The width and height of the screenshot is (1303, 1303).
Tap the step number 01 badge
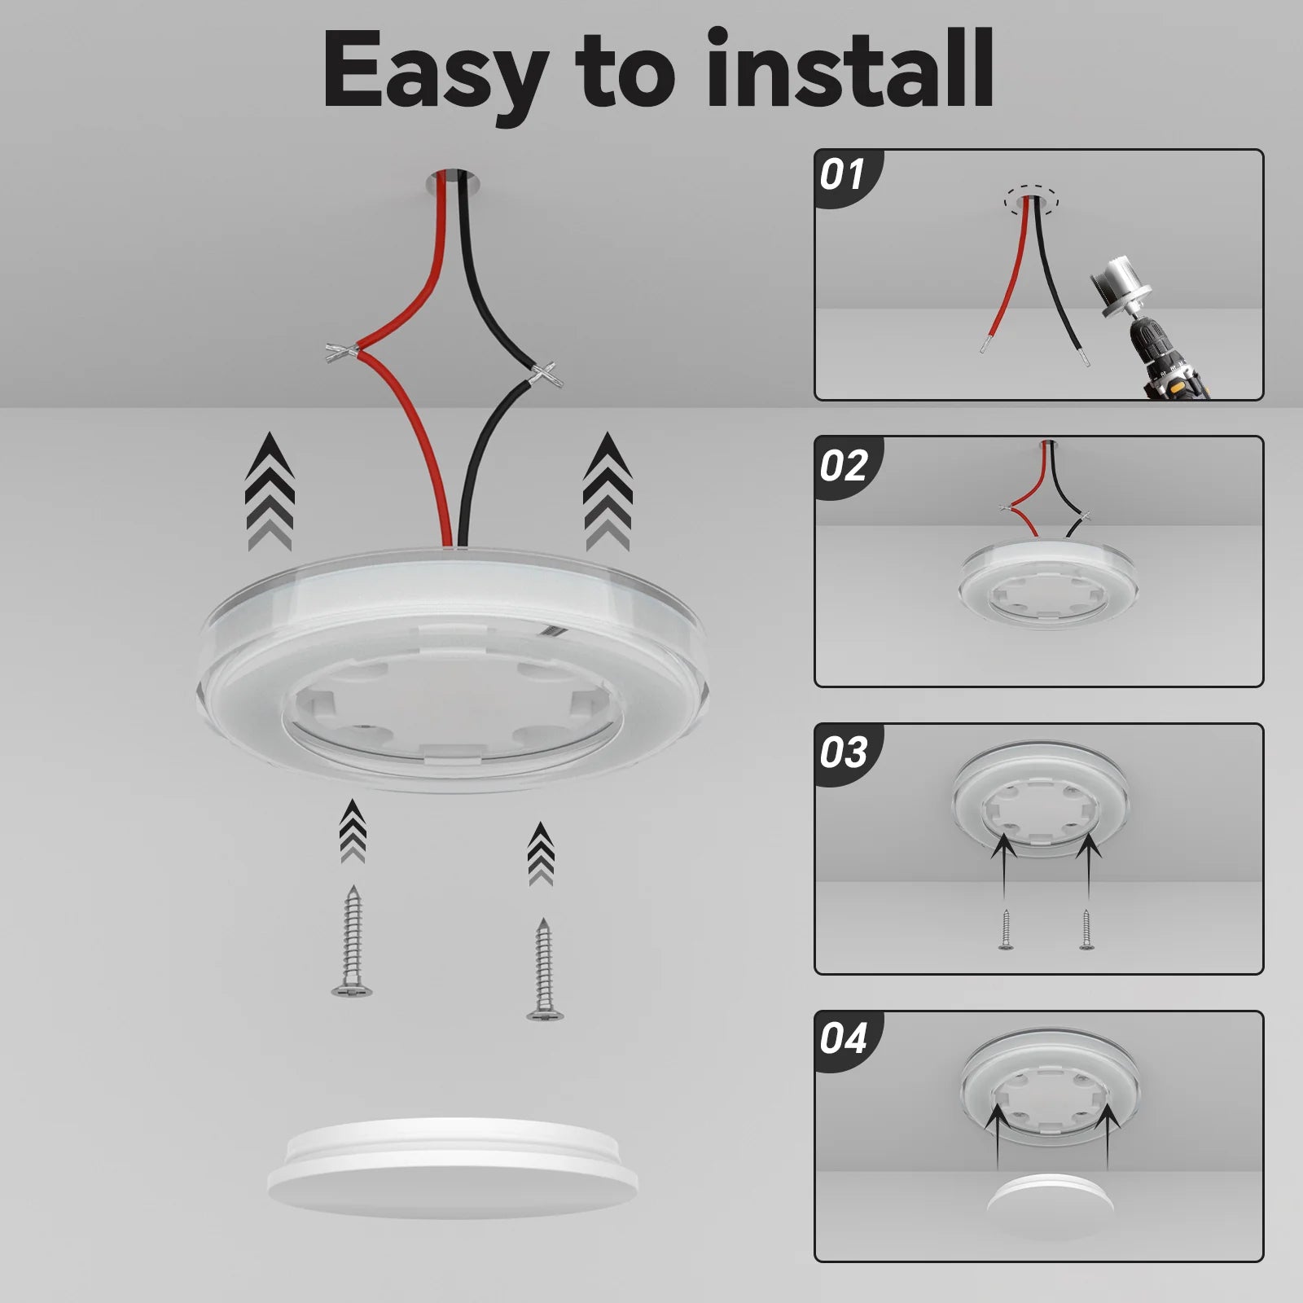(x=842, y=175)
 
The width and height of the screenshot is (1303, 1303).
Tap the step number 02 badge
(x=843, y=465)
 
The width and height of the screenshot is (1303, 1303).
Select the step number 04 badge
(x=843, y=1039)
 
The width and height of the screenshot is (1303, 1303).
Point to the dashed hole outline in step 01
(x=1031, y=198)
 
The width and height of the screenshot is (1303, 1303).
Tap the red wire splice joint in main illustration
(x=343, y=353)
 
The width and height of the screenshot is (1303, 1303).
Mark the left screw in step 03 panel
(x=1005, y=929)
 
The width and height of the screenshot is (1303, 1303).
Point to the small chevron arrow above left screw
(x=353, y=831)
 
